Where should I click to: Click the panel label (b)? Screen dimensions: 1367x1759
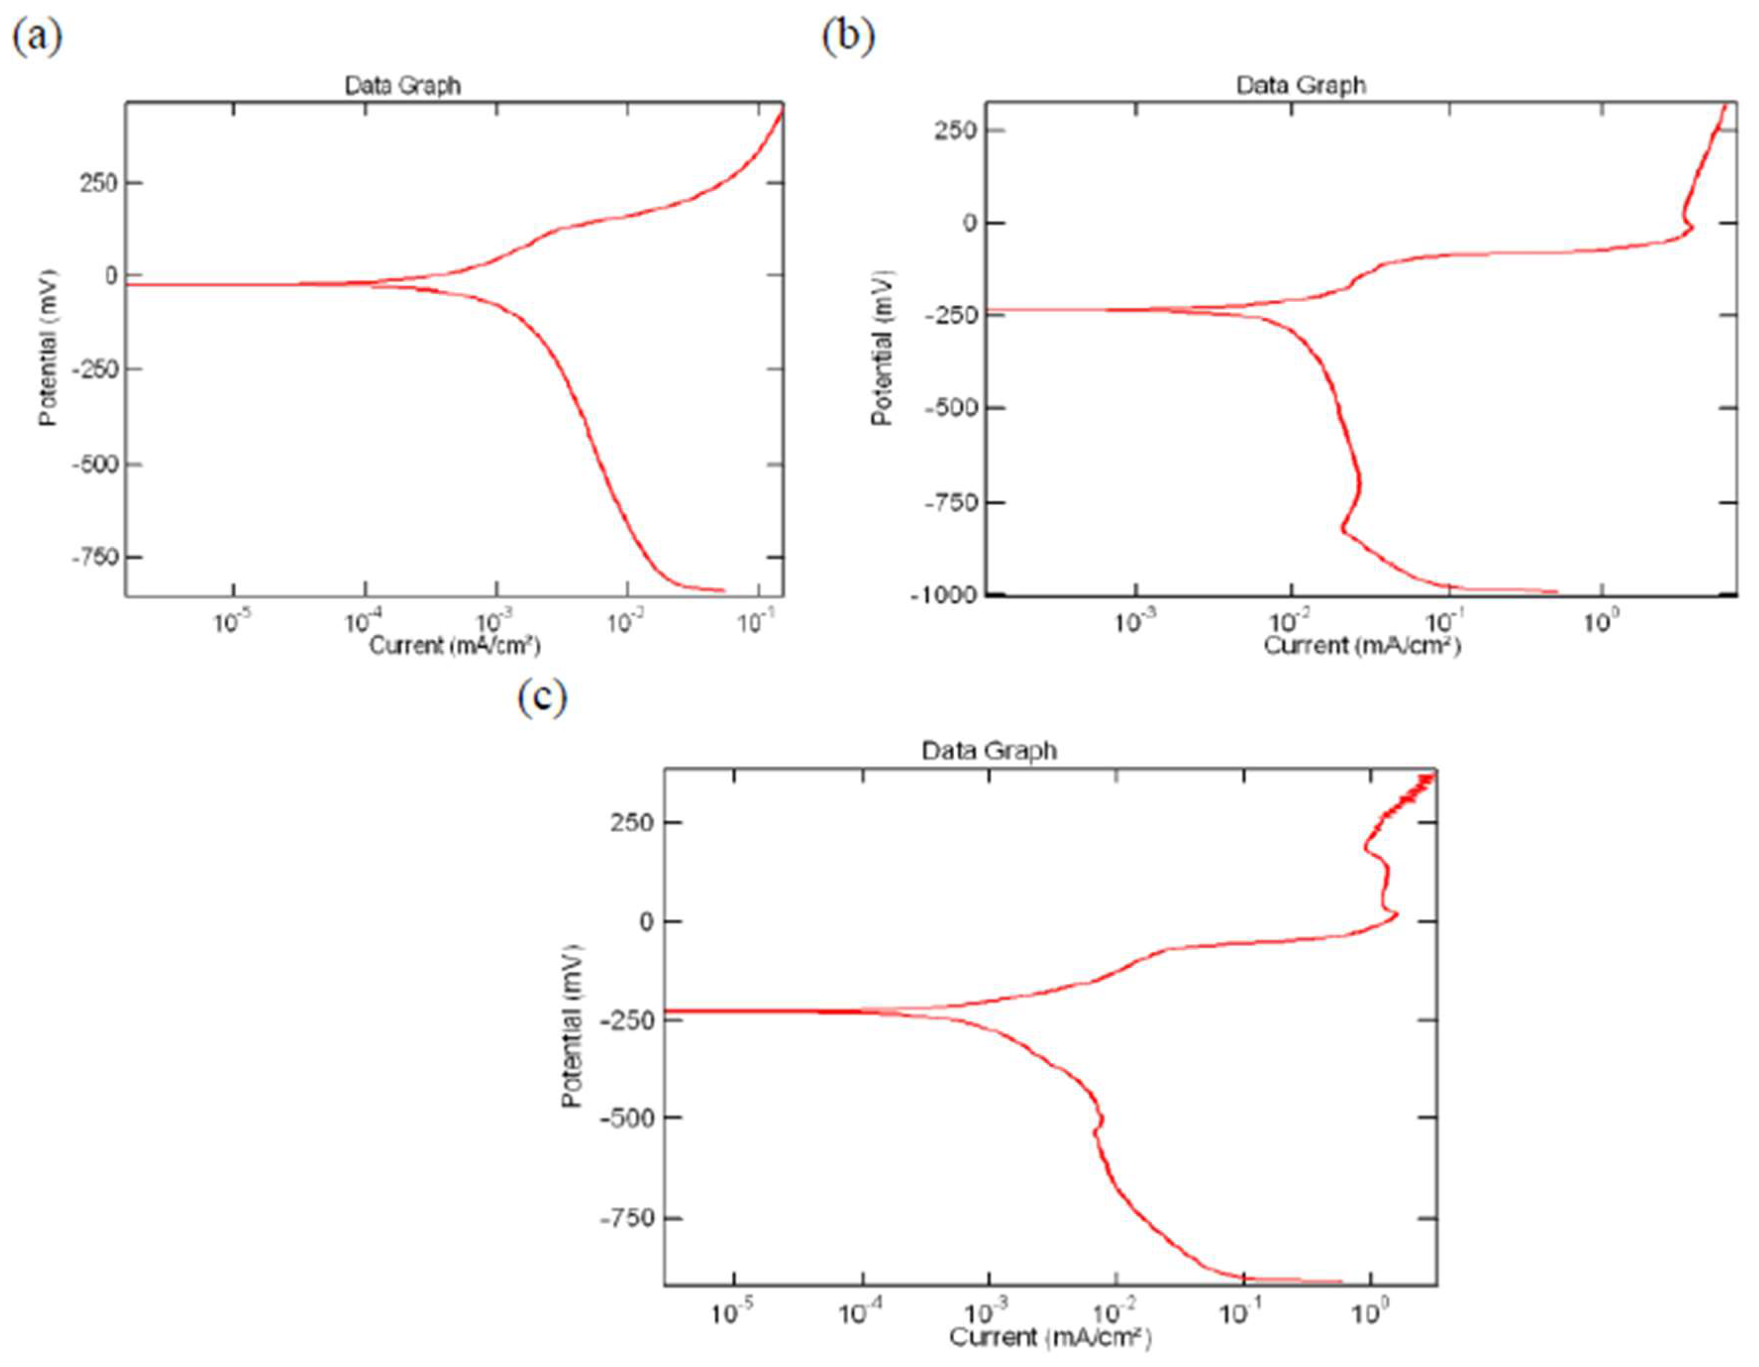click(x=848, y=37)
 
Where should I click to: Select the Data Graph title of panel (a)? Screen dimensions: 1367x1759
click(x=403, y=85)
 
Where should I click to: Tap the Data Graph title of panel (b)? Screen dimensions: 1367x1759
click(x=1301, y=85)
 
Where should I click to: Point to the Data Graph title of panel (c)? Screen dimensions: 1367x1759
click(x=988, y=751)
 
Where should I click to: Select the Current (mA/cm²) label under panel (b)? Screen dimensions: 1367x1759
click(x=1362, y=645)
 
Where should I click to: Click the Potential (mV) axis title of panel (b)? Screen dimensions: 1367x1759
click(x=883, y=348)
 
